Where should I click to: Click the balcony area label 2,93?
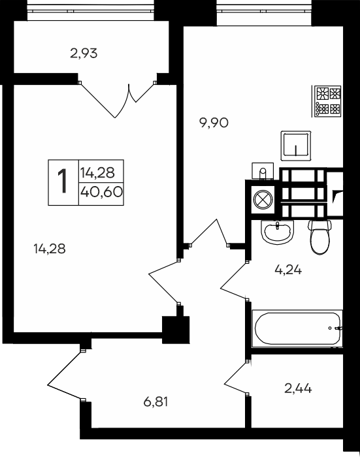tap(84, 54)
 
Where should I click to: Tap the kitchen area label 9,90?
tap(214, 122)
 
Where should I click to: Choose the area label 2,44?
tap(298, 388)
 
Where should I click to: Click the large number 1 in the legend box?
tap(63, 181)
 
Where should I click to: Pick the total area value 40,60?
tap(102, 191)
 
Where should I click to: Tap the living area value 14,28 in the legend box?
tap(97, 172)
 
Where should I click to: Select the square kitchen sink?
tap(295, 145)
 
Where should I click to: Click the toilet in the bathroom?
tap(319, 236)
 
